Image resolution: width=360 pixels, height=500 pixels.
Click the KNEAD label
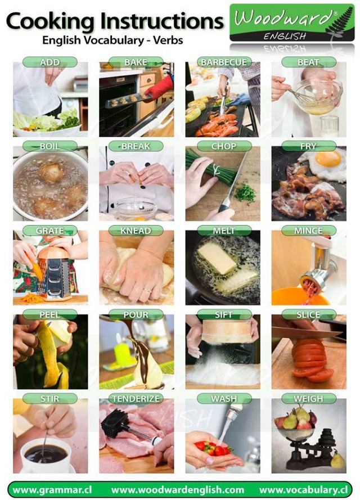tap(136, 231)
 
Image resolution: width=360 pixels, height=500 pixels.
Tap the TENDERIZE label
tap(136, 399)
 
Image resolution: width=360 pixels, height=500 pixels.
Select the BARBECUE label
tap(224, 62)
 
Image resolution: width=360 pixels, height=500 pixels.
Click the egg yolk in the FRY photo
tap(328, 159)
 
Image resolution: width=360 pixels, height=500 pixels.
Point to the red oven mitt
tap(160, 88)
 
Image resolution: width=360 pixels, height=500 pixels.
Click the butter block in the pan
tap(217, 258)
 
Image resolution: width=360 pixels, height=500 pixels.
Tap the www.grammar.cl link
tap(53, 490)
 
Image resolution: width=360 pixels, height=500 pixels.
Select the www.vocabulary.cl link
tap(303, 490)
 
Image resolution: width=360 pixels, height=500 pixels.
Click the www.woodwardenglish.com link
tap(178, 490)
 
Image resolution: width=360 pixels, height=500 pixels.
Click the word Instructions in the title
tap(162, 22)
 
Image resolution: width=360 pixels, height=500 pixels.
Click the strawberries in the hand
tap(213, 449)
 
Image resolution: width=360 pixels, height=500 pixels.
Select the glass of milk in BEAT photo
tap(330, 127)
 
